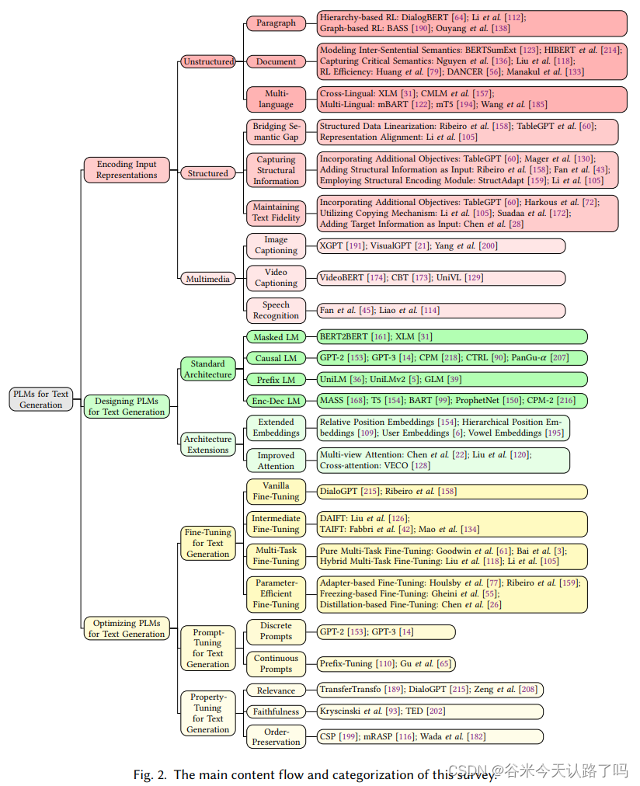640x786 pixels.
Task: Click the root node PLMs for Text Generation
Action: click(40, 399)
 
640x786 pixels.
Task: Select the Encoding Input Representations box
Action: click(126, 169)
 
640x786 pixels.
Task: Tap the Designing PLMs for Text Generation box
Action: click(126, 406)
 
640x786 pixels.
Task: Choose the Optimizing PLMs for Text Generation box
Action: click(126, 628)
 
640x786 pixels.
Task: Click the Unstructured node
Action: click(208, 61)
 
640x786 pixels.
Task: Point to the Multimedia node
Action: click(208, 279)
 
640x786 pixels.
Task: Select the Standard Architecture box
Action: click(208, 369)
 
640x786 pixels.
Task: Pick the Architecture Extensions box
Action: click(208, 444)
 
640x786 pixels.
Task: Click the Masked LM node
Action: click(276, 337)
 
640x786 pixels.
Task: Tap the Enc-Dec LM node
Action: click(276, 401)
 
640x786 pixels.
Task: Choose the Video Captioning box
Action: click(276, 277)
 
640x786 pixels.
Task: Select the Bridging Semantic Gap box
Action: click(276, 131)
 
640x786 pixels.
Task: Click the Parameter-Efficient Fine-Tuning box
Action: click(276, 593)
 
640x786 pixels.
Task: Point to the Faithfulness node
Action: click(276, 711)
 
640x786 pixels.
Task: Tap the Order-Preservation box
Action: click(276, 736)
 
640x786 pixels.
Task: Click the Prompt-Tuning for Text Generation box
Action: click(208, 648)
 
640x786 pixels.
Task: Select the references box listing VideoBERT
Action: click(441, 277)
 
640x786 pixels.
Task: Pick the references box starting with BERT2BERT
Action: click(452, 337)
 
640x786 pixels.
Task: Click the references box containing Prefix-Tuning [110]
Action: click(386, 664)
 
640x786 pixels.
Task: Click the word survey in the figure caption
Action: click(475, 774)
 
